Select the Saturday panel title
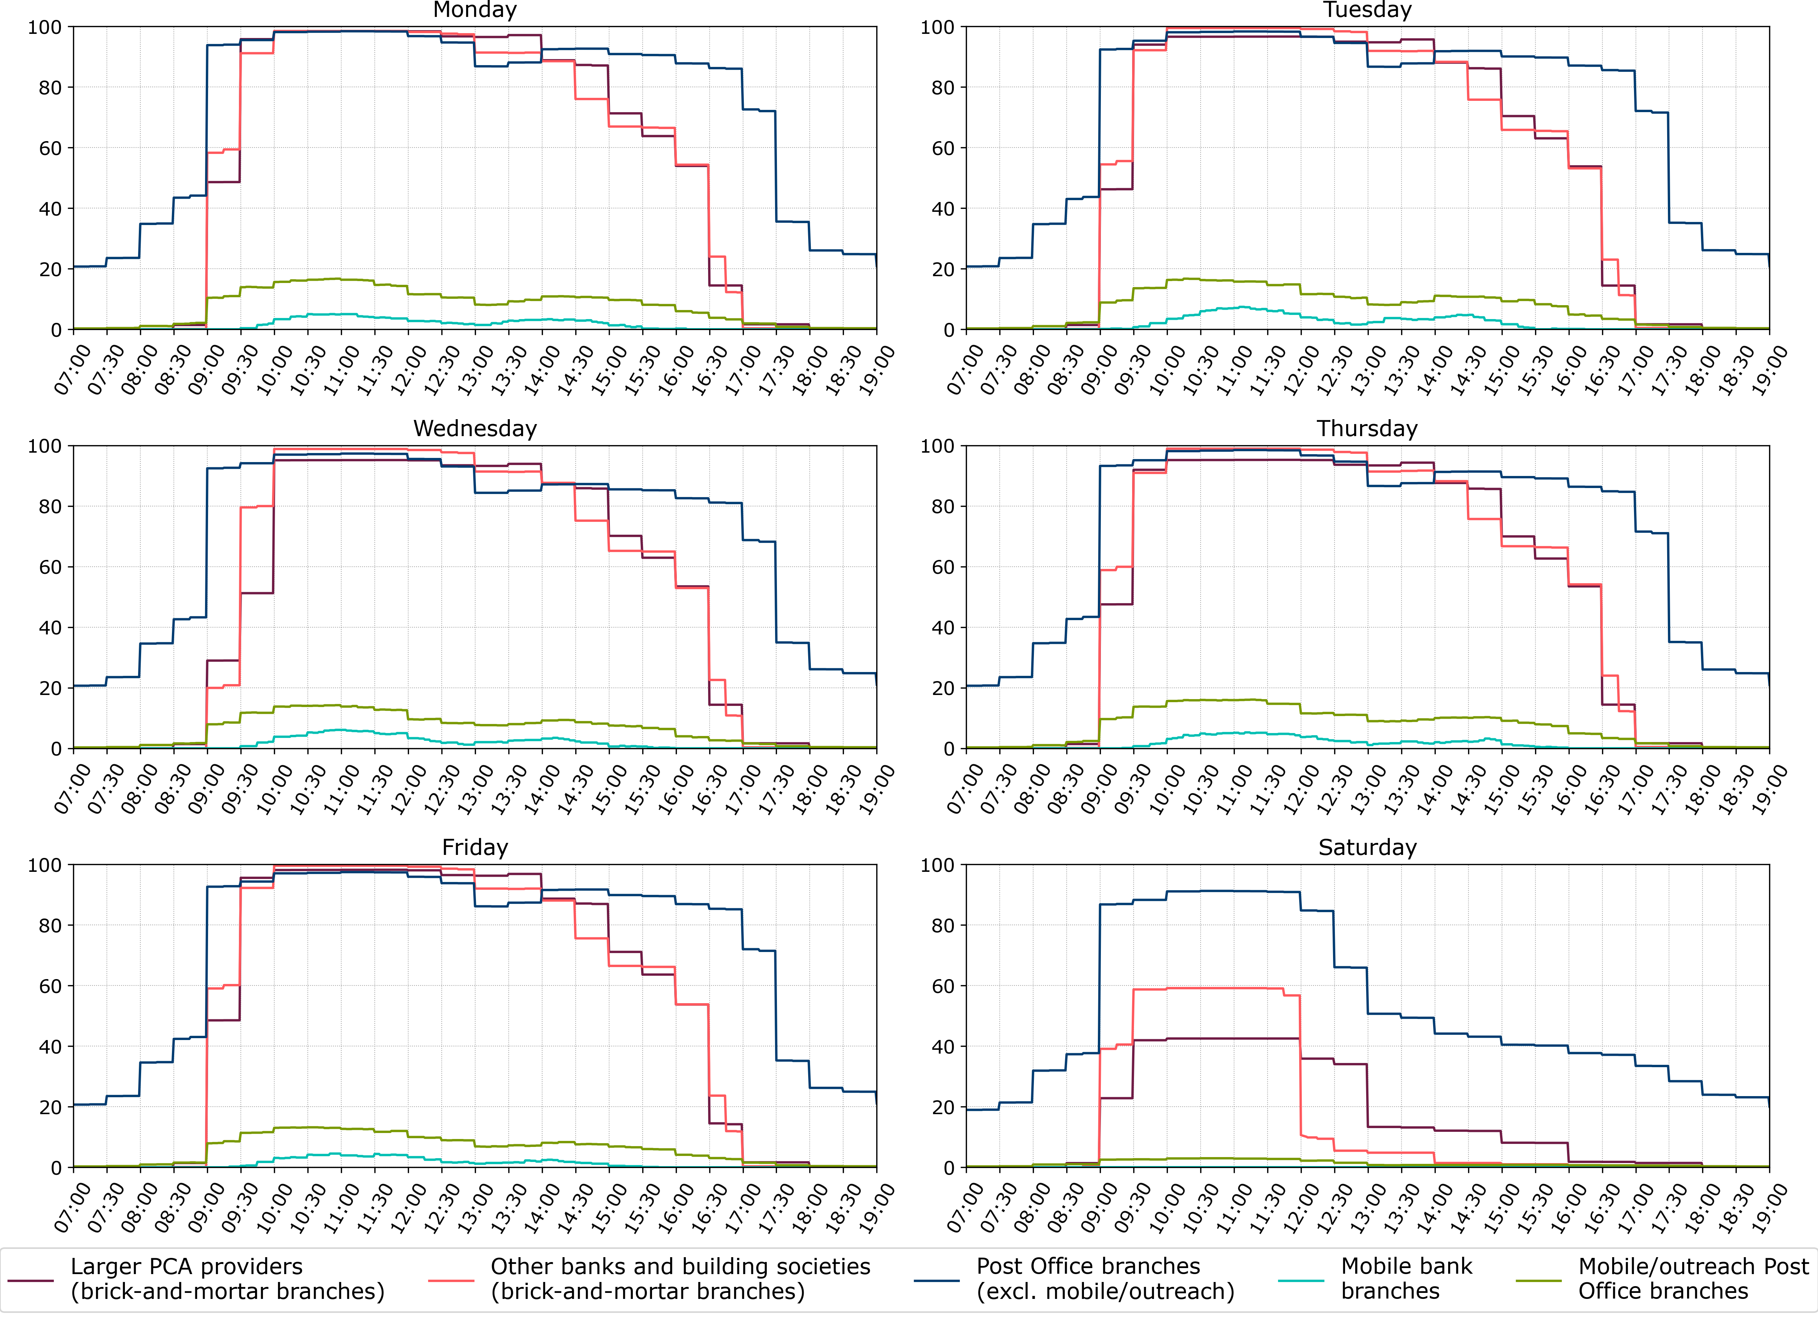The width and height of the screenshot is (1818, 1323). click(1368, 847)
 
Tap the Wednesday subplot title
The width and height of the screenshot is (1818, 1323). click(474, 429)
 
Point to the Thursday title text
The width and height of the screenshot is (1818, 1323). click(1368, 429)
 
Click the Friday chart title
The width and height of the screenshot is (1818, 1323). click(474, 847)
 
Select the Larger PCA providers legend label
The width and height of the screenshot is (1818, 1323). click(227, 1279)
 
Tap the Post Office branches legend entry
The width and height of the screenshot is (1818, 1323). click(1105, 1279)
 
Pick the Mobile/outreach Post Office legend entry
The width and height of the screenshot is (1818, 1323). click(1693, 1279)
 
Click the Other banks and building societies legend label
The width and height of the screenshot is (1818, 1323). click(680, 1279)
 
